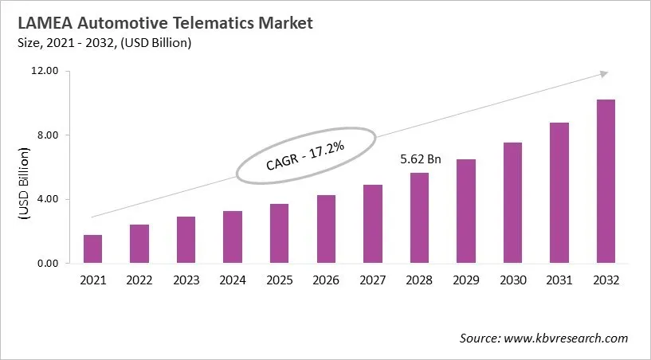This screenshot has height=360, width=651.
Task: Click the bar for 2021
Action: pos(92,249)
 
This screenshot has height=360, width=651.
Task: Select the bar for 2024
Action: pos(233,237)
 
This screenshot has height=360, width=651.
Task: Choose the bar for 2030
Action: pos(512,203)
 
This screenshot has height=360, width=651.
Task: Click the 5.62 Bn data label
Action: pos(420,159)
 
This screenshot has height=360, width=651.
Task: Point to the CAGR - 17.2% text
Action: pos(305,155)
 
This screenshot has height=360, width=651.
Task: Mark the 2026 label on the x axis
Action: pos(326,280)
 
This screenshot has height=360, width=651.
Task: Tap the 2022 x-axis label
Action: pos(139,280)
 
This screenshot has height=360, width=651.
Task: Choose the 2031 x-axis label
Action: pos(559,280)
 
